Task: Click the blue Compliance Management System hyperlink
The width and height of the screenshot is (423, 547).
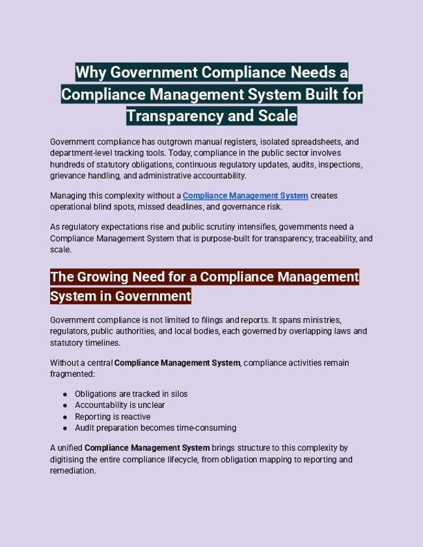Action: (x=245, y=196)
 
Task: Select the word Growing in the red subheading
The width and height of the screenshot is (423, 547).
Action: (x=102, y=277)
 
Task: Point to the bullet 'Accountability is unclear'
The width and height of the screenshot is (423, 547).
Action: (x=120, y=405)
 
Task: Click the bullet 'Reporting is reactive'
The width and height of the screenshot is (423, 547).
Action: (x=113, y=417)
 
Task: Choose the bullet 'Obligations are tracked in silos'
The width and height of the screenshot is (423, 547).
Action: (x=131, y=394)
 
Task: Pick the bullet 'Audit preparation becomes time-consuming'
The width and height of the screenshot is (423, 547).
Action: (x=156, y=428)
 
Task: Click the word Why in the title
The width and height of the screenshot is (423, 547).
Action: (x=91, y=72)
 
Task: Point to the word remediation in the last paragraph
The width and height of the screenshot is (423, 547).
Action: (x=72, y=471)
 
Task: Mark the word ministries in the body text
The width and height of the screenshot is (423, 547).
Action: (x=318, y=320)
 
